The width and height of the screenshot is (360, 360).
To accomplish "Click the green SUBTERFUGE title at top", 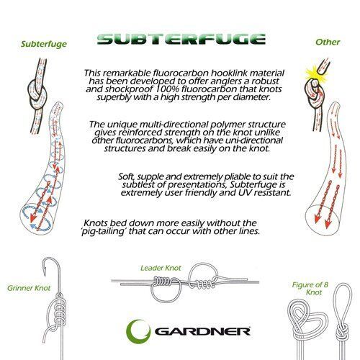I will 180,39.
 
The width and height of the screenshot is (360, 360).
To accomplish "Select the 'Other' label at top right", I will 328,42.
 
